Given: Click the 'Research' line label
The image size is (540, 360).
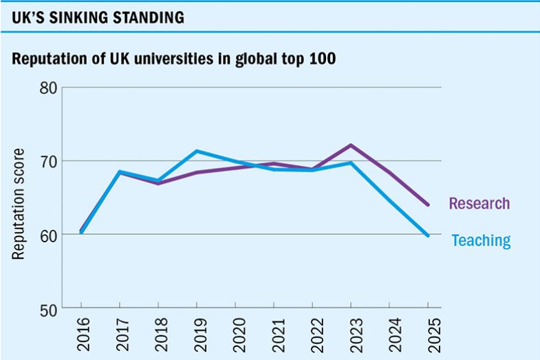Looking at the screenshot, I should (479, 204).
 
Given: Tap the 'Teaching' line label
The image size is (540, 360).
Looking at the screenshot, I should (481, 240).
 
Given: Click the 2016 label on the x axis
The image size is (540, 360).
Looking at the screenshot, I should (82, 333).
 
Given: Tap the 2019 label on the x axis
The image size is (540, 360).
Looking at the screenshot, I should (197, 333).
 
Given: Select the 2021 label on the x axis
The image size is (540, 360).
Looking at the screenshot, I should (274, 333).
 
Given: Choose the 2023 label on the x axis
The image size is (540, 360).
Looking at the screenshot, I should (352, 333).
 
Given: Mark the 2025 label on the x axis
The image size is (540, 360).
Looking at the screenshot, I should (429, 333).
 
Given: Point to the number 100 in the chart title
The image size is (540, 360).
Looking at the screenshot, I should (322, 59).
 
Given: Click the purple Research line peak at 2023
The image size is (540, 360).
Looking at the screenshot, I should (351, 145).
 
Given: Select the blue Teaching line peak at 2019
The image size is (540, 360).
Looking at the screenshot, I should (197, 151).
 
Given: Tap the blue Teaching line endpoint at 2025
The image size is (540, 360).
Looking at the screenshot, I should (428, 235).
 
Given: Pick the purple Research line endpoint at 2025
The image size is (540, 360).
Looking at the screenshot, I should (428, 205).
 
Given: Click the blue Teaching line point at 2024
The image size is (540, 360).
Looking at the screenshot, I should (389, 200).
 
